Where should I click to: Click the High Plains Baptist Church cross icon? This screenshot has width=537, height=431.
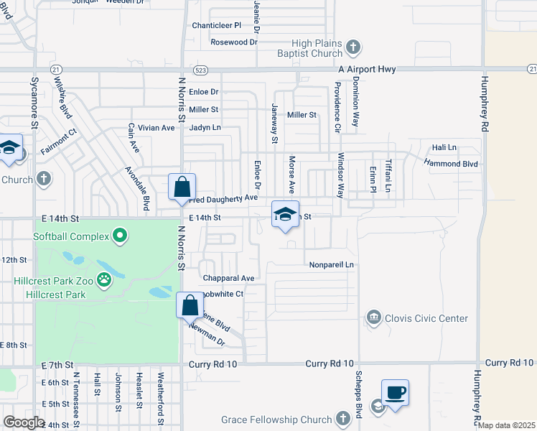point(352,48)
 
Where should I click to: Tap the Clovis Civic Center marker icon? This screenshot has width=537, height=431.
point(373,318)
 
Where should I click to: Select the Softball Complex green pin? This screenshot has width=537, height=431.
point(121,236)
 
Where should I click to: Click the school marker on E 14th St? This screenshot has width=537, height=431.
point(285,215)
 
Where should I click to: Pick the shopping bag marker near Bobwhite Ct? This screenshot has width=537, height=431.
point(190,305)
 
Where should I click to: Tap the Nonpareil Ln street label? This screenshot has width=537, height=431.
point(332,264)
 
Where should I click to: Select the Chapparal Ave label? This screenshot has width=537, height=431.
point(228,278)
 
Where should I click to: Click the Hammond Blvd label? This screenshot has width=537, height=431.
point(450,164)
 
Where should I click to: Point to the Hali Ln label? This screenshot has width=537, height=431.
point(444,148)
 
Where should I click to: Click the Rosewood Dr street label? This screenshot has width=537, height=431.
point(233,42)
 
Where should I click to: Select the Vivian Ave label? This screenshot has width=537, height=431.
point(157,128)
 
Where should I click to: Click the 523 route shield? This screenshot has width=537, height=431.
point(201,70)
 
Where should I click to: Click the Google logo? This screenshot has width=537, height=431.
point(24,422)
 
